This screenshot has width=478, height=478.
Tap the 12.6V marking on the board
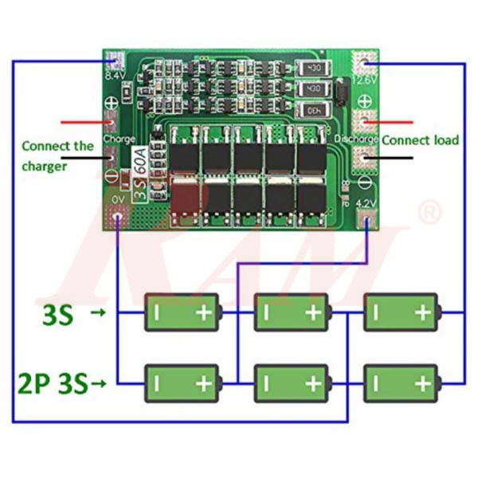(x=365, y=80)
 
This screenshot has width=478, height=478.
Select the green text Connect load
(x=420, y=140)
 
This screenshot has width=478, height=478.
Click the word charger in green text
(x=45, y=167)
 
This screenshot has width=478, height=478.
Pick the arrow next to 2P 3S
(x=99, y=385)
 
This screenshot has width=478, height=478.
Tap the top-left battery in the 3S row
(x=181, y=312)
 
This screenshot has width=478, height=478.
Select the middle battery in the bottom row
(x=292, y=384)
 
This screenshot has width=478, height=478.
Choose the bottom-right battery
(x=402, y=384)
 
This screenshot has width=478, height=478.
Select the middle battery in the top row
(x=292, y=312)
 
